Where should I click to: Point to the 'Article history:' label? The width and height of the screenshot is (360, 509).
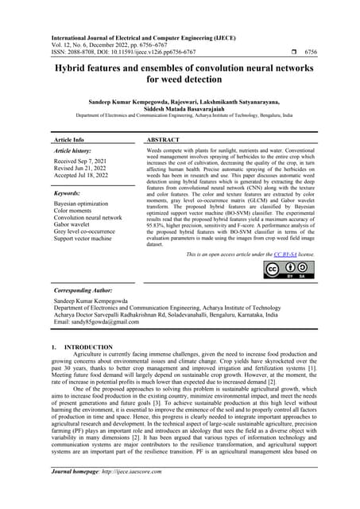75,150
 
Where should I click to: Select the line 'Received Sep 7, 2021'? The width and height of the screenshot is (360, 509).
82,162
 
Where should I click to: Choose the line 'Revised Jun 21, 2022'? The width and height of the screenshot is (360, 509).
82,170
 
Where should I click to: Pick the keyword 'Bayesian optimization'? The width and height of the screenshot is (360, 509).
83,204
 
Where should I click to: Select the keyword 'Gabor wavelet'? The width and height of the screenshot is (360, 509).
73,223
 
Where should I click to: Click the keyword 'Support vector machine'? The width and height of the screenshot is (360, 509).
85,238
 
